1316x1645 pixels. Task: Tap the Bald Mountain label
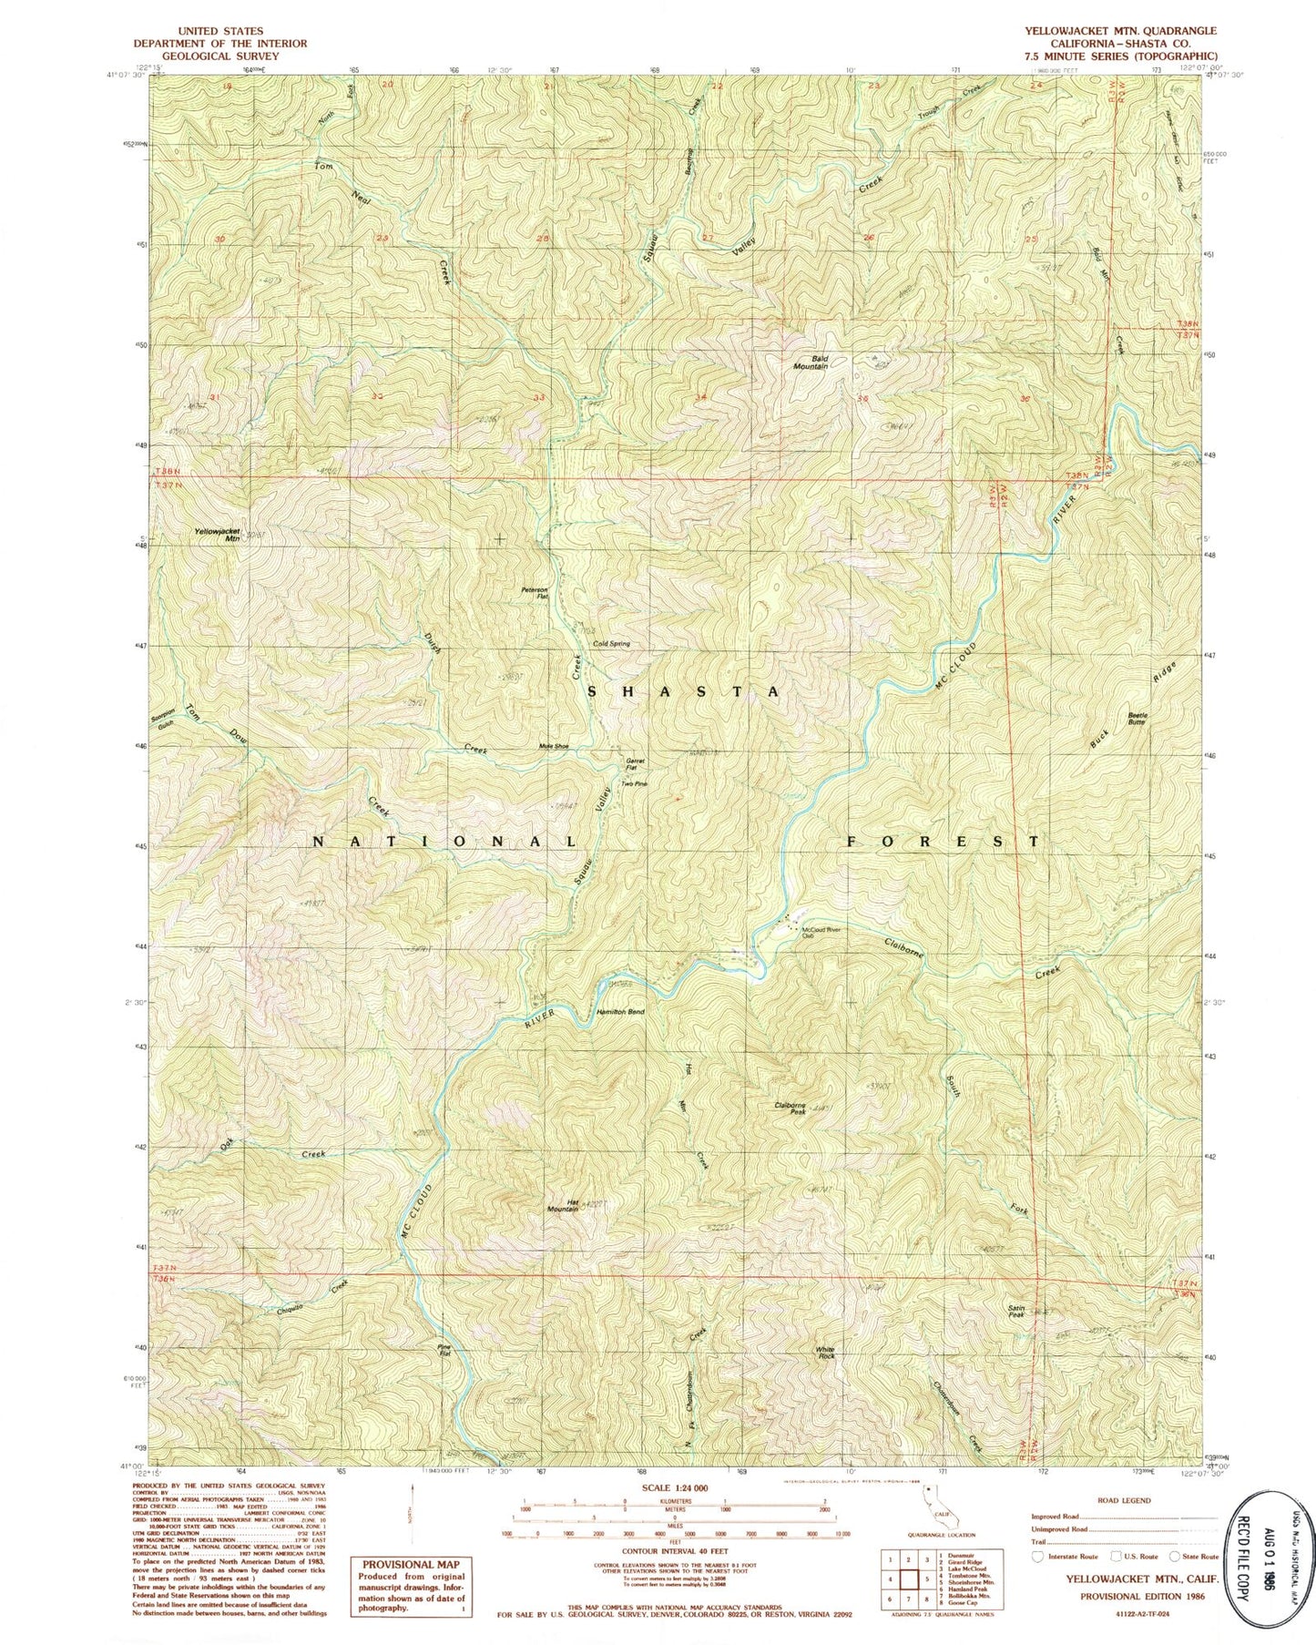(810, 362)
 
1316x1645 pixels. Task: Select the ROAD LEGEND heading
(1125, 1501)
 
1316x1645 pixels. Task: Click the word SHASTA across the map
(683, 691)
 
